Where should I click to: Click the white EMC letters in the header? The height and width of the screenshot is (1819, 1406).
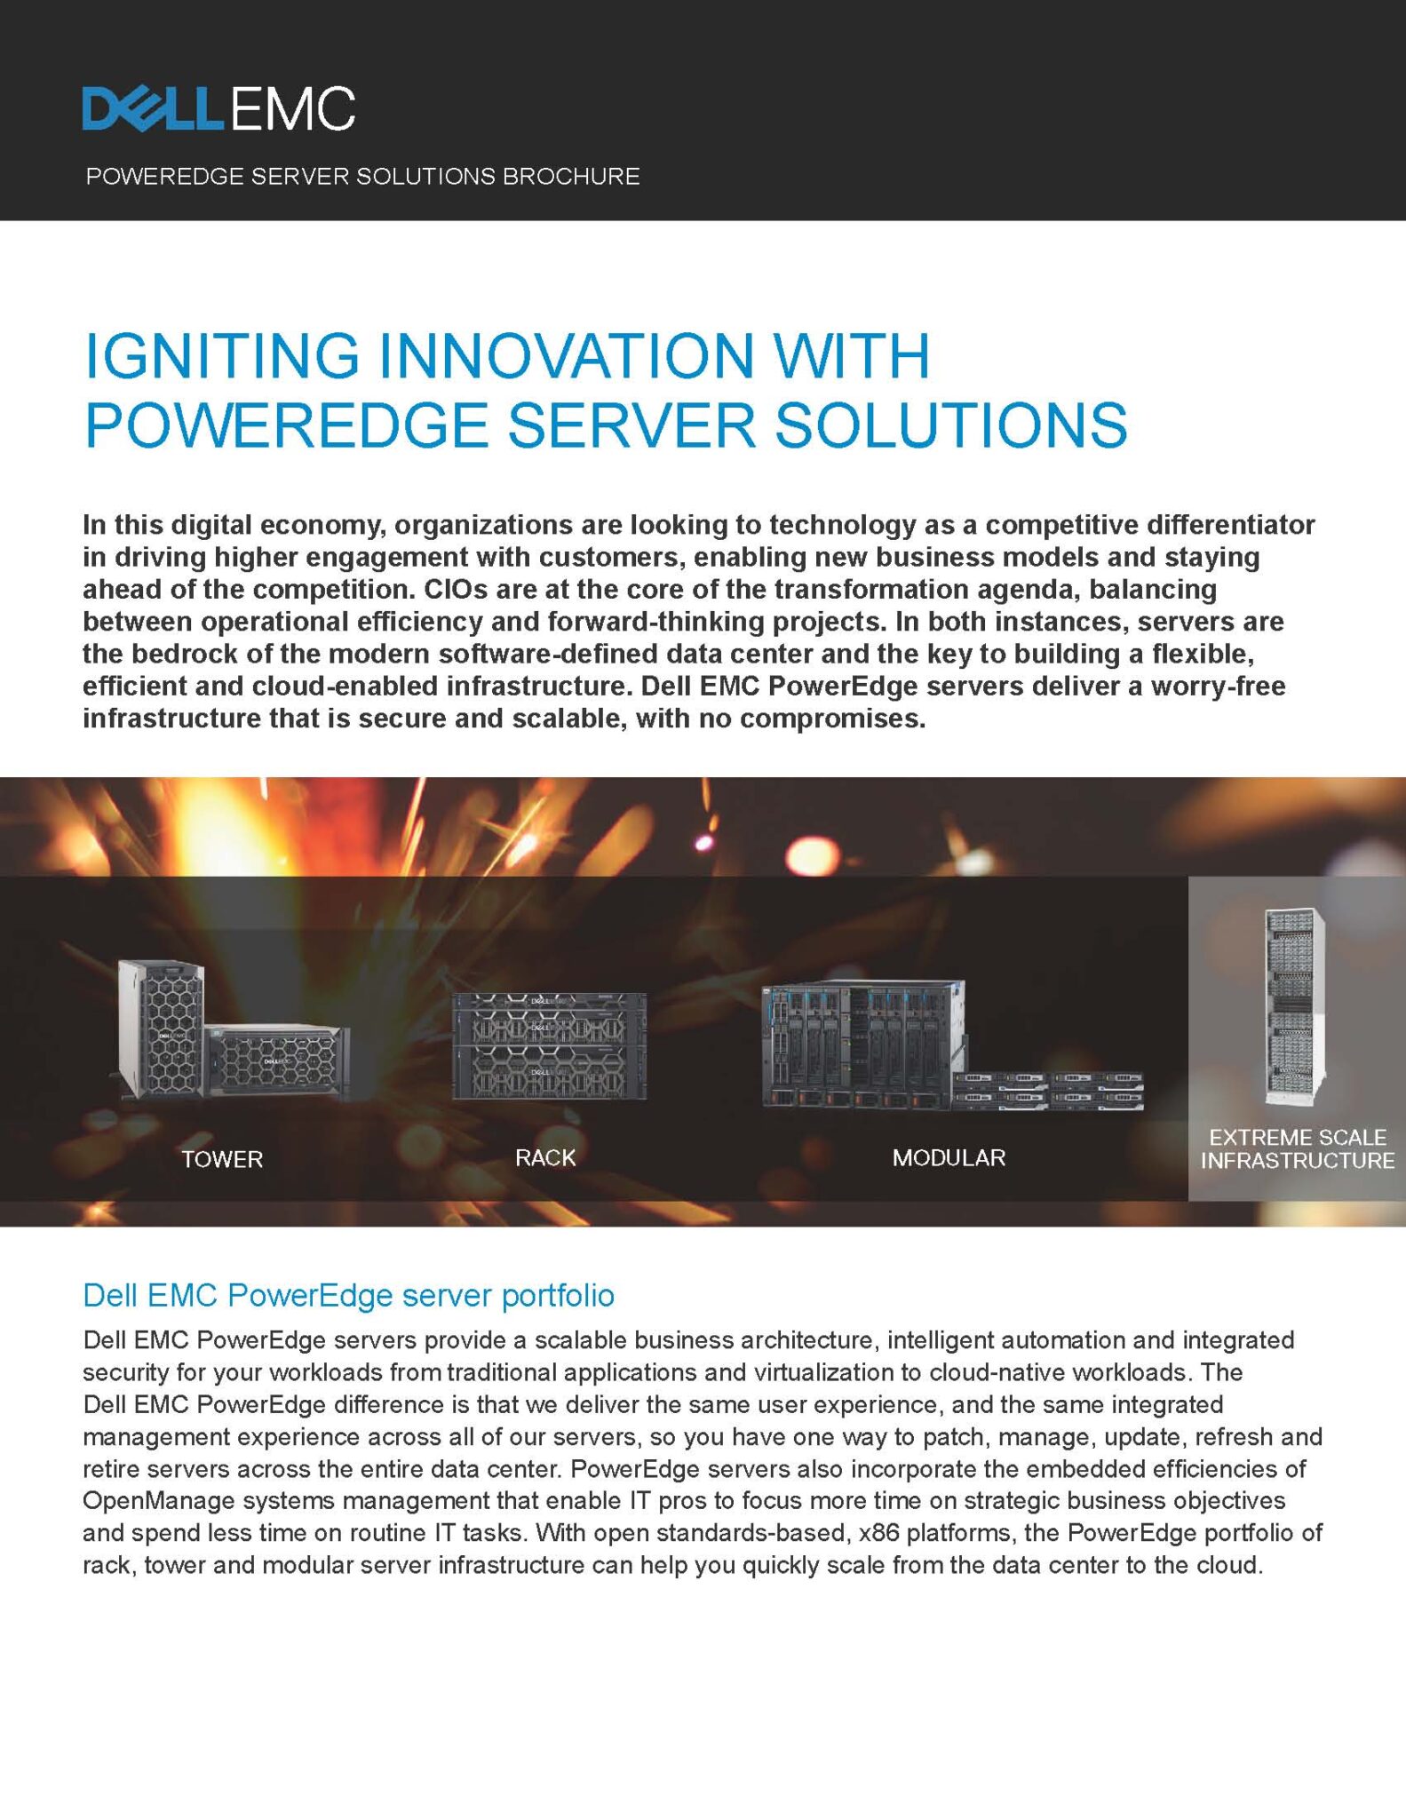coord(292,109)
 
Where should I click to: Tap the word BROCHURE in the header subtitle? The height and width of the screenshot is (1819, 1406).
coord(571,176)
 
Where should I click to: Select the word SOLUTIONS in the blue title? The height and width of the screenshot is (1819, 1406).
coord(950,425)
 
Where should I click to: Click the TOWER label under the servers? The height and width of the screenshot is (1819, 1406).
coord(222,1159)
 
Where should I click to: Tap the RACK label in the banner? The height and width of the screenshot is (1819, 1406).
coord(545,1158)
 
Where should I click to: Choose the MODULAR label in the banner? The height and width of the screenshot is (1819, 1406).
coord(949,1158)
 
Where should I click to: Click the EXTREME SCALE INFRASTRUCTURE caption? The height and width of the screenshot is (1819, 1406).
coord(1298,1149)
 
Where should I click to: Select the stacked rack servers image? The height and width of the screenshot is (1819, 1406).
coord(550,1045)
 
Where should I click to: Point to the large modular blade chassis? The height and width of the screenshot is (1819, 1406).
coord(862,1044)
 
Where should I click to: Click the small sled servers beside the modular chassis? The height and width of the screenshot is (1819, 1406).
coord(1049,1090)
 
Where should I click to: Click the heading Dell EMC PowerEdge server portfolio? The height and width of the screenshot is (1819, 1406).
coord(348,1296)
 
